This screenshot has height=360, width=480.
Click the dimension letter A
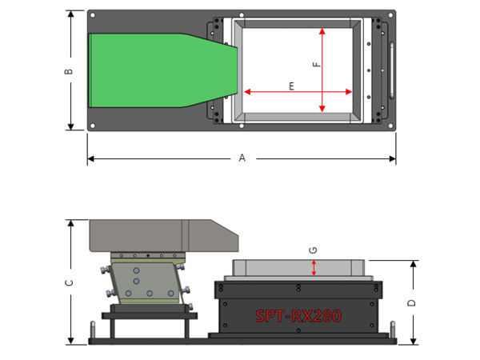[242, 158]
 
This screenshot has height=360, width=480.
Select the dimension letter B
[69, 71]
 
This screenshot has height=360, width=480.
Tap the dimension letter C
[69, 282]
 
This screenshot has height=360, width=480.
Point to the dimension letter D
[412, 302]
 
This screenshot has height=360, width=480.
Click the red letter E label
[291, 86]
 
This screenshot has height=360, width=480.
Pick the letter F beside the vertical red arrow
[317, 64]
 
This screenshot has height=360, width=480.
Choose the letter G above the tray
[313, 250]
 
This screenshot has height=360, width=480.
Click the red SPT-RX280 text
[298, 316]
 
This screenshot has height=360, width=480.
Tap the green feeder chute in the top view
[163, 70]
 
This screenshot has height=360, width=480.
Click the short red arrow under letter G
[314, 268]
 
